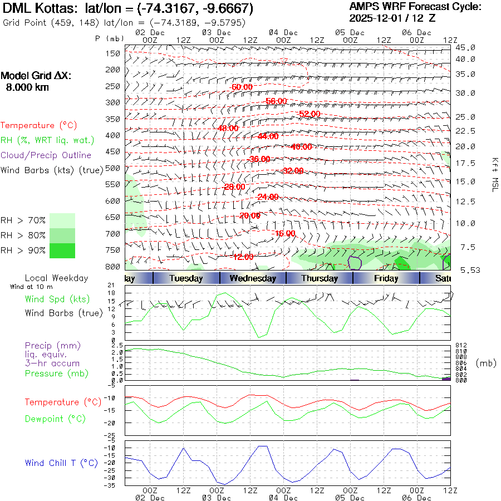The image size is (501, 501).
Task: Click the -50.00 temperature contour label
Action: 242,87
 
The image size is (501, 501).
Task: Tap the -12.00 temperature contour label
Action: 243,257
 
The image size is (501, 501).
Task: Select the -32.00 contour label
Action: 293,171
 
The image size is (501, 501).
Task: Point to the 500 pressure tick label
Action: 113,168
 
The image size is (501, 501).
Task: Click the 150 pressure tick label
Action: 113,53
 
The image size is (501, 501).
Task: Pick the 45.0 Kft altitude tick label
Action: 465,47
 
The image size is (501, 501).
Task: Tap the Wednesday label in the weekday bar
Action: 253,278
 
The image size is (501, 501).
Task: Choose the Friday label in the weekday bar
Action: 386,278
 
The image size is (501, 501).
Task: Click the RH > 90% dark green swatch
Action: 62,250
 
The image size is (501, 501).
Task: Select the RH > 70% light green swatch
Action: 62,220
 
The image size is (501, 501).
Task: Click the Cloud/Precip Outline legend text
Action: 46,155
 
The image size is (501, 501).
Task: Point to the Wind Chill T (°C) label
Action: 61,463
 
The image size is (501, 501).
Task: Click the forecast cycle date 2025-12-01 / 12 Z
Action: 392,18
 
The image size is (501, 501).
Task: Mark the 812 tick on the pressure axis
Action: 461,345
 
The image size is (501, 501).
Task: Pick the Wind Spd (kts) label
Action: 57,299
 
